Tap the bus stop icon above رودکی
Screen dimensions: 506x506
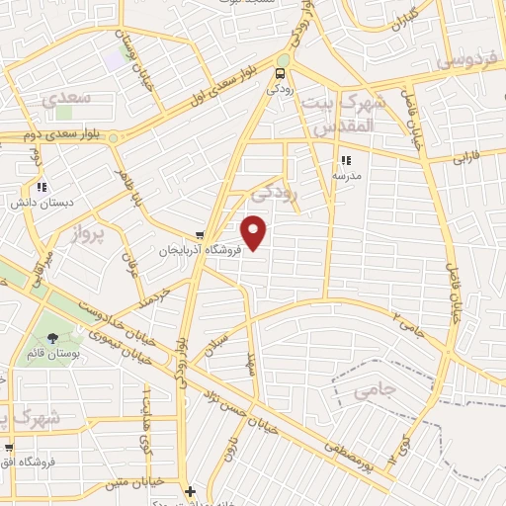click(x=281, y=72)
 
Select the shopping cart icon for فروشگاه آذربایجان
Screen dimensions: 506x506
click(x=201, y=236)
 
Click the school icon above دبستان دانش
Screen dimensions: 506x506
click(x=41, y=187)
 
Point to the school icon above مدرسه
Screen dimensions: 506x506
click(x=345, y=160)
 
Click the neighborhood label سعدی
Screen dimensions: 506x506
click(x=67, y=100)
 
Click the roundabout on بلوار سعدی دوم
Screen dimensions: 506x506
click(x=114, y=137)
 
